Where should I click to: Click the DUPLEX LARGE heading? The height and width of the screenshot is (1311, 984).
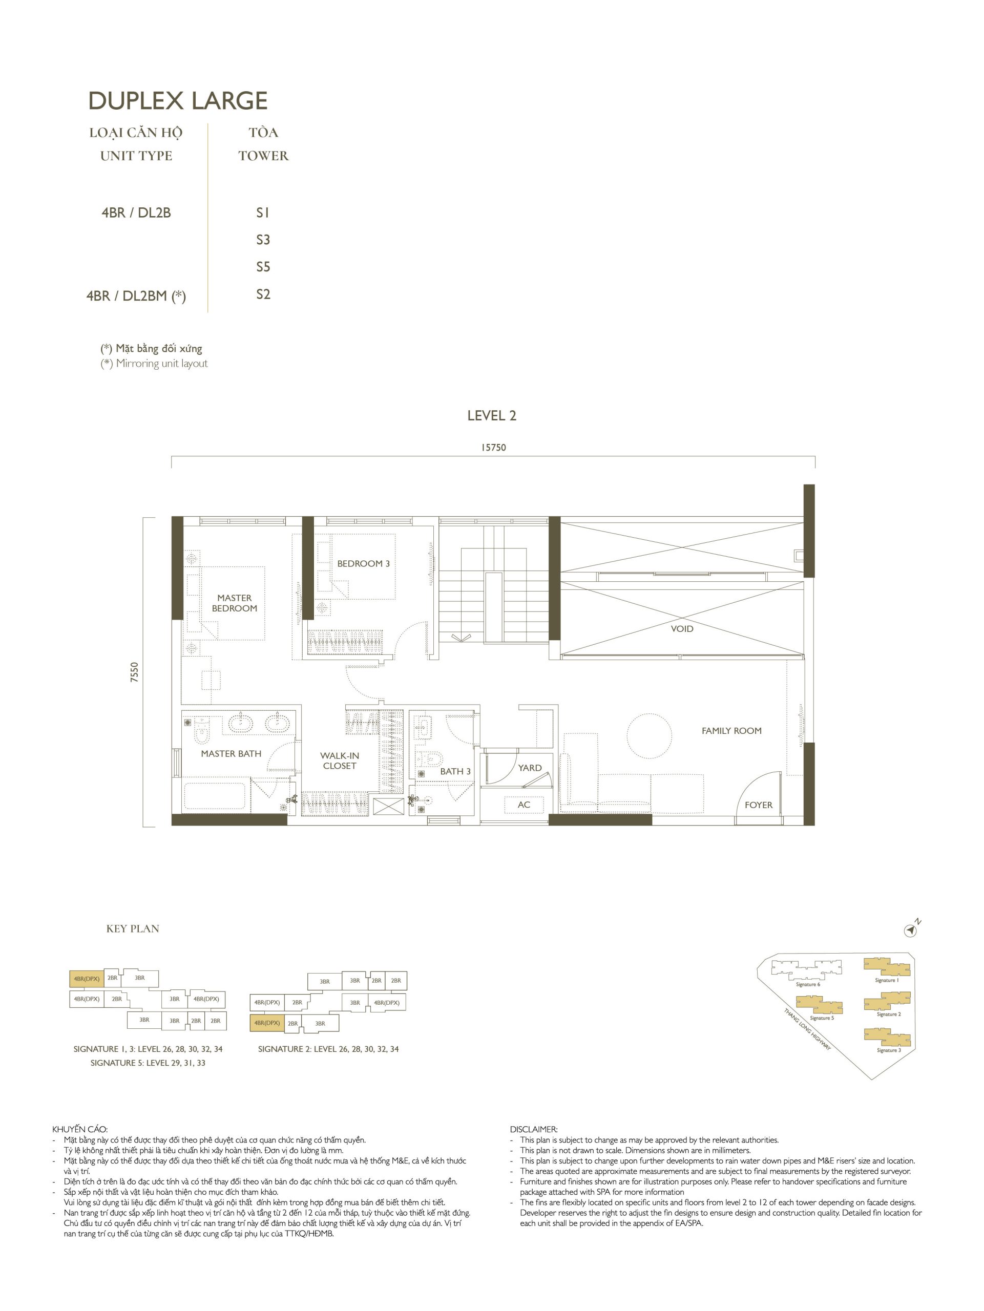pyautogui.click(x=178, y=101)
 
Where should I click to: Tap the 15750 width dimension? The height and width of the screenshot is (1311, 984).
pyautogui.click(x=493, y=448)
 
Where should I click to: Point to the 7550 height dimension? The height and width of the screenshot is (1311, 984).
pyautogui.click(x=135, y=672)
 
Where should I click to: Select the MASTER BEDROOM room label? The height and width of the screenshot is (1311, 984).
pyautogui.click(x=234, y=603)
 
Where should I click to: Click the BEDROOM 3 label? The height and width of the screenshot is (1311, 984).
pyautogui.click(x=363, y=564)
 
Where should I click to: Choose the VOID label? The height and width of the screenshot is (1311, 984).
pyautogui.click(x=682, y=629)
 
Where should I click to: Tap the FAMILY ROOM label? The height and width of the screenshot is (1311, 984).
pyautogui.click(x=731, y=731)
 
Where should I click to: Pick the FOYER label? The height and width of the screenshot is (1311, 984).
pyautogui.click(x=759, y=805)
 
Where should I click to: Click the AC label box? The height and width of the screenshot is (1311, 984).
pyautogui.click(x=524, y=804)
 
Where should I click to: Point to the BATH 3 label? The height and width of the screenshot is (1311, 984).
pyautogui.click(x=455, y=771)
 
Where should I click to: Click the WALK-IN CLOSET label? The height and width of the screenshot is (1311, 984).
pyautogui.click(x=340, y=760)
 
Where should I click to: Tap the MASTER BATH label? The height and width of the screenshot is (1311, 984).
pyautogui.click(x=231, y=753)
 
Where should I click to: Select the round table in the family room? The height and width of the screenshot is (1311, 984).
pyautogui.click(x=649, y=735)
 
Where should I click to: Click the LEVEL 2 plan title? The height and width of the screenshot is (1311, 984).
pyautogui.click(x=491, y=415)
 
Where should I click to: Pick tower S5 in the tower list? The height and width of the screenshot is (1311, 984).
pyautogui.click(x=263, y=267)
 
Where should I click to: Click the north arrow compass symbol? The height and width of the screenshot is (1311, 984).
pyautogui.click(x=911, y=931)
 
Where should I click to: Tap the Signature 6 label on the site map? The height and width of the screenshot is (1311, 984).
pyautogui.click(x=808, y=984)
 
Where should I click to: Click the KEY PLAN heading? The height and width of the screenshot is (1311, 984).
pyautogui.click(x=133, y=929)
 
